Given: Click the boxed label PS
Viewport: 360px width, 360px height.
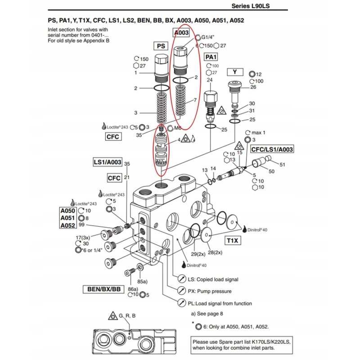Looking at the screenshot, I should coord(161,46).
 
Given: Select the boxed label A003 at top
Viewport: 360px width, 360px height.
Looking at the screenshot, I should coord(181,33).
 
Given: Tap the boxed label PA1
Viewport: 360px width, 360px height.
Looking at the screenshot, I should coord(211,57).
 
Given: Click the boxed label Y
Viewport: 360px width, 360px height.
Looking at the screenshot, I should coord(235,72).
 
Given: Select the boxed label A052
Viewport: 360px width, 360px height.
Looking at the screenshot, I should coord(67,225).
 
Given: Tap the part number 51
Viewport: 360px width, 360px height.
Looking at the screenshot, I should coord(283,165).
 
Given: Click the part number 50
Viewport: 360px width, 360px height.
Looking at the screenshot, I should coord(271,172).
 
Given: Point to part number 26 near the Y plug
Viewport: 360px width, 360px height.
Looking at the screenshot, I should coord(253,87).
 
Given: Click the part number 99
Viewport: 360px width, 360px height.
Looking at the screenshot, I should coord(81,225).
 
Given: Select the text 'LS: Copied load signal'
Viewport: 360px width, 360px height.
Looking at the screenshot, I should coord(213,279).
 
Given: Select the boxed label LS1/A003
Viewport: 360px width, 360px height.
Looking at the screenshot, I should coord(107,162).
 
